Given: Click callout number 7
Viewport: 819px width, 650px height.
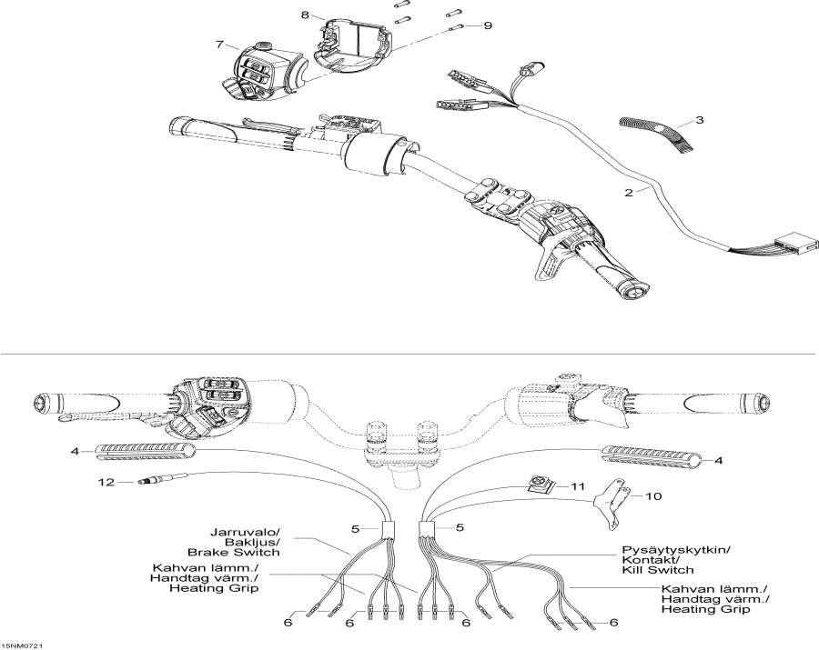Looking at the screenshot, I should coord(218,44).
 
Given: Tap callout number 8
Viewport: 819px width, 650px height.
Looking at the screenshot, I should coord(305,15).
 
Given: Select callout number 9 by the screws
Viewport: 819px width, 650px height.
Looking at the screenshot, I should coord(487,25).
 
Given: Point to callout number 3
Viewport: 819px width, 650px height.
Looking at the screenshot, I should coord(699,120).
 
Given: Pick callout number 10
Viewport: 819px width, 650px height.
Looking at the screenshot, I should coord(653,496).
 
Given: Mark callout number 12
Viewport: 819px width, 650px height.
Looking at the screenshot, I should coord(107,483).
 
